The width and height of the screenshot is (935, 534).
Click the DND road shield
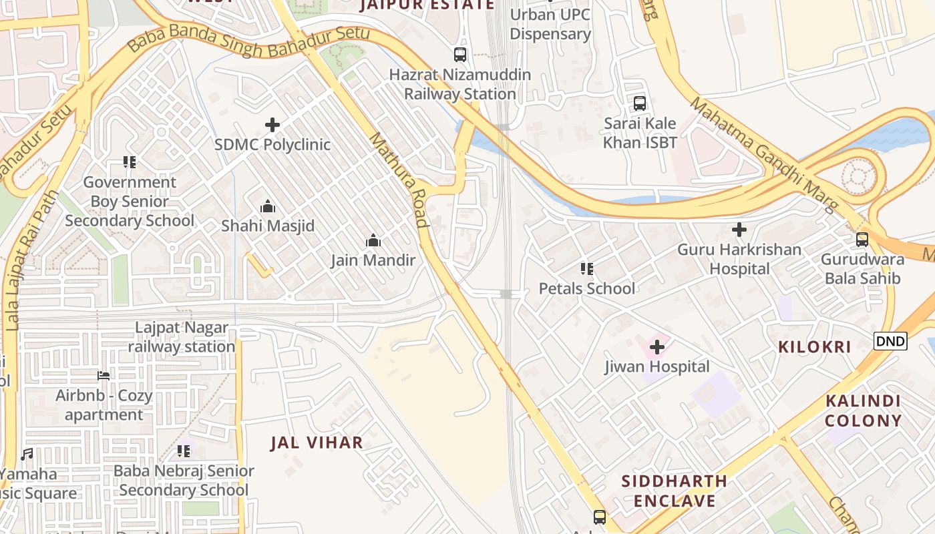pos(890,342)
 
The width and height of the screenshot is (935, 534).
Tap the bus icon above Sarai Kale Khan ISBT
pos(640,103)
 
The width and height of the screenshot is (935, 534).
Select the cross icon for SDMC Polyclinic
pos(272,125)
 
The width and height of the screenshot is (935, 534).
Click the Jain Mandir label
pos(373,260)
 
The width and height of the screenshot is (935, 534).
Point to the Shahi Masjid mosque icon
pos(268,206)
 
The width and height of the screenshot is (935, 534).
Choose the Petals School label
pos(587,288)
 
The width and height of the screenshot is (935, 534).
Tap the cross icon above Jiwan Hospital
pos(657,347)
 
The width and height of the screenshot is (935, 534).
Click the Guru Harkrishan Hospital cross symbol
pos(739,230)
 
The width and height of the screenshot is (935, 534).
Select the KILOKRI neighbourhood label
pos(814,347)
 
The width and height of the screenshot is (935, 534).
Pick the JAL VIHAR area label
pos(317,443)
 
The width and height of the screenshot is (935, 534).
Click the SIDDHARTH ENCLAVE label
pos(674,491)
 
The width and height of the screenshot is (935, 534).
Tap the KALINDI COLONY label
pos(863,411)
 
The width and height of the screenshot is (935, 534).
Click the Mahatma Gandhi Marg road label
pos(761,154)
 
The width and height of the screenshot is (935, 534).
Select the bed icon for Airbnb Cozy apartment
pos(104,376)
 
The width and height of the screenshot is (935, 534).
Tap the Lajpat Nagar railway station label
pos(182,338)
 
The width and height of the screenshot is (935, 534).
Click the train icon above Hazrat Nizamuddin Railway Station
pos(460,55)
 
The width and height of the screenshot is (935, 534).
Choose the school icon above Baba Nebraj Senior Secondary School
pos(184,451)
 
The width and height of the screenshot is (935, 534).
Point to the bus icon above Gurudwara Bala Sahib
pos(862,240)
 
